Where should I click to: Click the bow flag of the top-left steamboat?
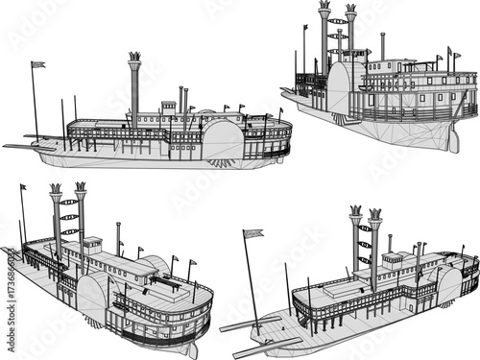point(37,64)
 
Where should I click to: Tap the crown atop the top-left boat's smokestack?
point(133,58)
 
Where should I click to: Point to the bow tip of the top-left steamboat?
point(8,147)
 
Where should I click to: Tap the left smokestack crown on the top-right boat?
point(324,9)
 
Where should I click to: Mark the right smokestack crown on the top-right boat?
point(351,11)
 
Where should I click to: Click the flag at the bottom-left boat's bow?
point(23,188)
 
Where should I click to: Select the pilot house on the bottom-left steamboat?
point(92,246)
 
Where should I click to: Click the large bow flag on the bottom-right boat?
point(253,233)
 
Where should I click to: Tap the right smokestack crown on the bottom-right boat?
point(374,214)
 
